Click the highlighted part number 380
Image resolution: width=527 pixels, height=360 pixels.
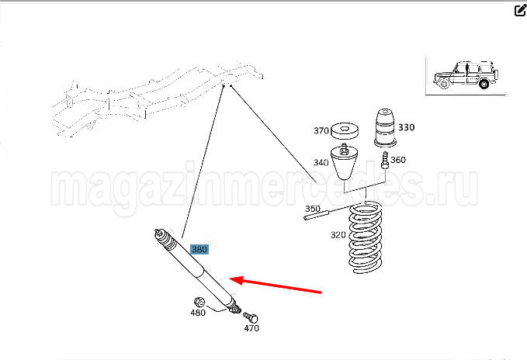199,250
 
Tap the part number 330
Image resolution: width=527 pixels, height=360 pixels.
407,127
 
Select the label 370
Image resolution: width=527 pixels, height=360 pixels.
321,130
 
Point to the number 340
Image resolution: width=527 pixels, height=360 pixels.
321,162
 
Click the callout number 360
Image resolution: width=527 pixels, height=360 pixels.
398,160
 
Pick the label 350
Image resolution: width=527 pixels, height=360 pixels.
313,209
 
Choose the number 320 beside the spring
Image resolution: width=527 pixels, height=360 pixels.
338,235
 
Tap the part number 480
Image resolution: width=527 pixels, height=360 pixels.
198,313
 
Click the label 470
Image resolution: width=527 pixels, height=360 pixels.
251,328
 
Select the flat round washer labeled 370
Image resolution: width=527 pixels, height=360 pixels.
345,131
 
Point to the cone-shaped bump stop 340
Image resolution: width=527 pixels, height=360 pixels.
343,162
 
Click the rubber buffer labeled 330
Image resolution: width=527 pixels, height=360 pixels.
385,127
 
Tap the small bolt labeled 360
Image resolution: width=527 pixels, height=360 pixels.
385,160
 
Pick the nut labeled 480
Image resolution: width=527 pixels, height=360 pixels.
199,302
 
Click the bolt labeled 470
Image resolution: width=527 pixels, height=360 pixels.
251,317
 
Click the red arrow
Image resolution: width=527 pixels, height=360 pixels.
276,286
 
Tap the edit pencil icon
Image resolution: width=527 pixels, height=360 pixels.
520,10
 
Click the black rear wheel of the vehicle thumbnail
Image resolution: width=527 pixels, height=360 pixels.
484,83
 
